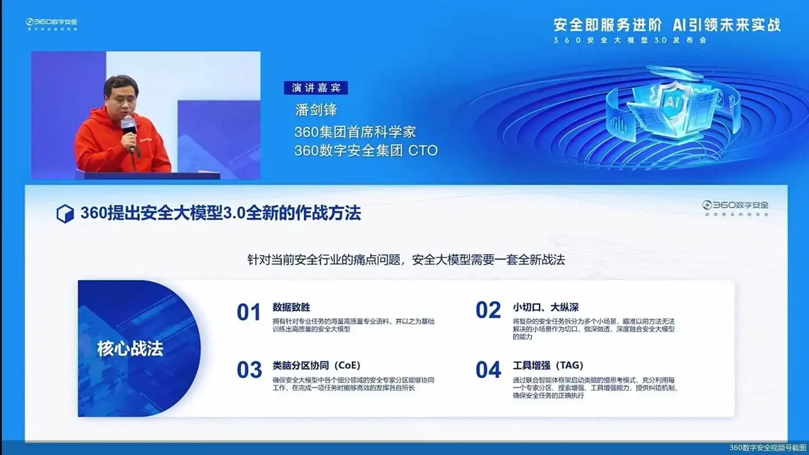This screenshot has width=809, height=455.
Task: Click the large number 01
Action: (x=248, y=312)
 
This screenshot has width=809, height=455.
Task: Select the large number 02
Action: (x=488, y=310)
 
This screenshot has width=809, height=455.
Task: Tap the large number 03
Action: (x=249, y=370)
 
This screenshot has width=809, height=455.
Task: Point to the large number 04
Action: (x=488, y=370)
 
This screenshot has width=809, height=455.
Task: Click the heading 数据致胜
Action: (x=291, y=307)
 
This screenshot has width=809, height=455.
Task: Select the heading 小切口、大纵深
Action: (x=546, y=307)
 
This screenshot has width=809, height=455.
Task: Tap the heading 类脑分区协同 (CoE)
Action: (x=316, y=365)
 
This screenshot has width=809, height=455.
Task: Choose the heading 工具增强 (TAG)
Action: (x=548, y=365)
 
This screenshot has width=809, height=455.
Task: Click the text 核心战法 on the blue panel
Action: (x=130, y=349)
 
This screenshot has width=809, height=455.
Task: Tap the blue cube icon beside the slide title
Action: (x=65, y=213)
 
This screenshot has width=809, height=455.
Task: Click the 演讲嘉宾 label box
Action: (x=316, y=88)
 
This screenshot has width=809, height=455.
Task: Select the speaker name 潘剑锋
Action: (x=316, y=110)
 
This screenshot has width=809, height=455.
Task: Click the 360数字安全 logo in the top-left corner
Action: (x=51, y=22)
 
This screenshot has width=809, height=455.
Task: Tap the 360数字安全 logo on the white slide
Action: (x=735, y=205)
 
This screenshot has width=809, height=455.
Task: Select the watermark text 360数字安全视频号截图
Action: (x=768, y=447)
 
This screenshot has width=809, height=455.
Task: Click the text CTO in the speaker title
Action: (x=423, y=151)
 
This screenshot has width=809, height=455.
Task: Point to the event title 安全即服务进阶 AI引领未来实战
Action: (x=667, y=25)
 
